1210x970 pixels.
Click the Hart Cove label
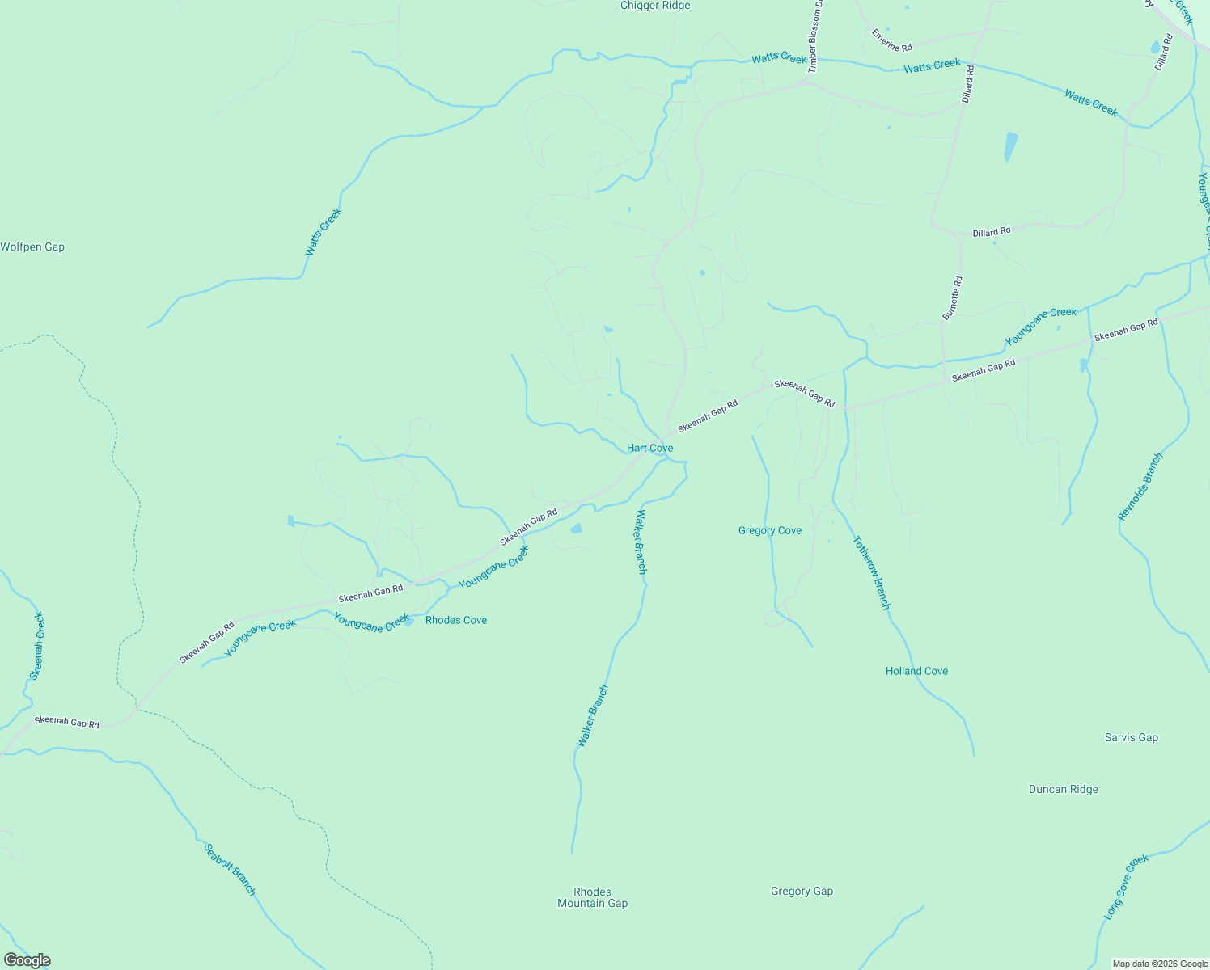click(x=649, y=448)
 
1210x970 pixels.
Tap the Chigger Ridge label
click(x=655, y=6)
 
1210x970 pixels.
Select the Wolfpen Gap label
click(x=32, y=247)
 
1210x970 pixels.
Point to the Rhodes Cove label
click(x=456, y=620)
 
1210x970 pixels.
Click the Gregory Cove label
click(x=770, y=530)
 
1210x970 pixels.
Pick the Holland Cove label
click(x=916, y=671)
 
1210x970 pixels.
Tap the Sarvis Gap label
click(x=1132, y=737)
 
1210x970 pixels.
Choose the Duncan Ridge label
click(x=1064, y=789)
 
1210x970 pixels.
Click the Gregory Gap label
click(x=802, y=891)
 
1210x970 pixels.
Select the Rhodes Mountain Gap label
click(x=592, y=897)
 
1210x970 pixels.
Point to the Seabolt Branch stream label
click(x=230, y=870)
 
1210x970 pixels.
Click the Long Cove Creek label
click(x=1126, y=887)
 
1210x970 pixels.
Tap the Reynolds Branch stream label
click(x=1140, y=487)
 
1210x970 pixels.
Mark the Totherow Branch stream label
click(x=871, y=573)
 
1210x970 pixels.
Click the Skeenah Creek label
click(x=37, y=645)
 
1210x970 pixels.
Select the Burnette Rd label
click(x=952, y=297)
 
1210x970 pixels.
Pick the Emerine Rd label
click(x=891, y=40)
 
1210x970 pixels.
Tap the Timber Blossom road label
click(x=815, y=36)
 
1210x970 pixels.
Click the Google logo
click(x=27, y=960)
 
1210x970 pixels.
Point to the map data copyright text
click(x=1160, y=964)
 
